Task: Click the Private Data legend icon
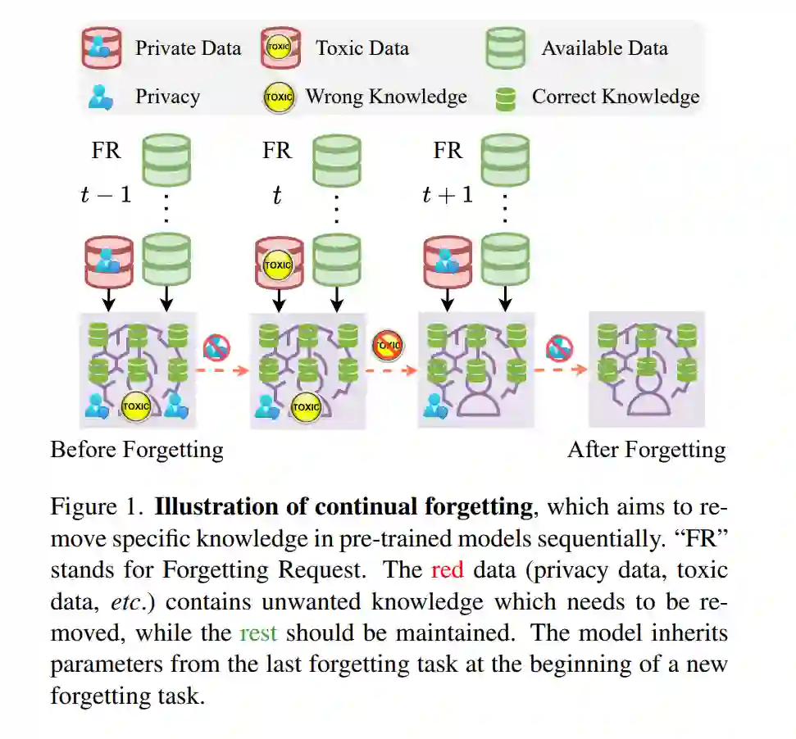click(102, 48)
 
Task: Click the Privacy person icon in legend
click(101, 97)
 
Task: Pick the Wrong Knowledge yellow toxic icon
click(279, 97)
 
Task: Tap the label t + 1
click(447, 195)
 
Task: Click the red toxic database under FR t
click(279, 263)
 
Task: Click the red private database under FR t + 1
click(447, 263)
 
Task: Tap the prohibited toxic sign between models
click(388, 346)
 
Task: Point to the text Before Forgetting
click(137, 450)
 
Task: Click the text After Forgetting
click(647, 450)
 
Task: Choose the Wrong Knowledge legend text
click(386, 97)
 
